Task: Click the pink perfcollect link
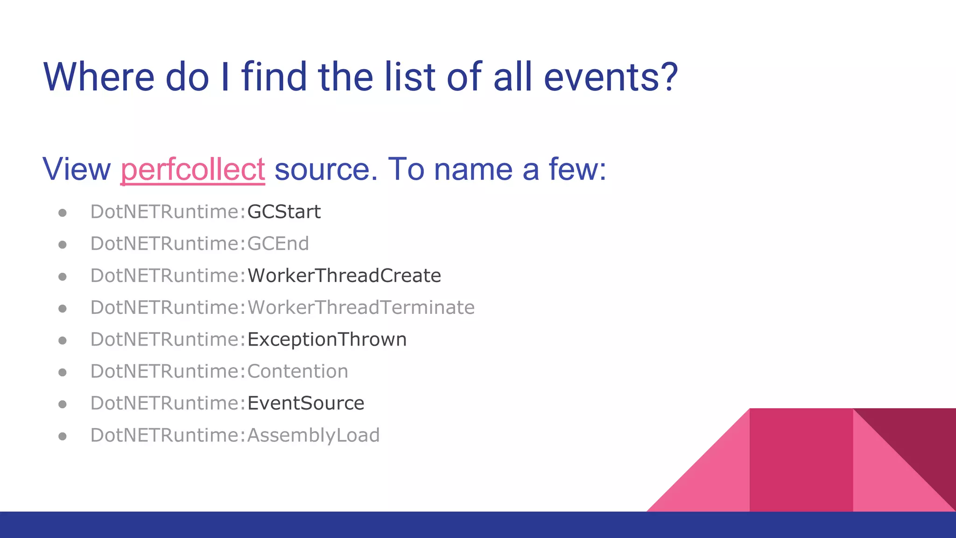[x=193, y=169]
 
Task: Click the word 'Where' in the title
[x=98, y=77]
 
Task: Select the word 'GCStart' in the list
[x=284, y=212]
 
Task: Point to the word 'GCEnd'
[x=278, y=244]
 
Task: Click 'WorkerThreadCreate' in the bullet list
[x=344, y=276]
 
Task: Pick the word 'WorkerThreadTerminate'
[x=361, y=308]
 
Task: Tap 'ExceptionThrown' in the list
[x=327, y=340]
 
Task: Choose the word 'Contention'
[x=297, y=372]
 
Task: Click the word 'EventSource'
[x=306, y=403]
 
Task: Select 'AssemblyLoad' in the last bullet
[x=313, y=435]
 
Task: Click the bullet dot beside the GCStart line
[x=63, y=213]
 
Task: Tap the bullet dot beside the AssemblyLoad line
[x=63, y=436]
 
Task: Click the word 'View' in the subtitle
[x=77, y=169]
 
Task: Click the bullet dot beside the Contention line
[x=63, y=373]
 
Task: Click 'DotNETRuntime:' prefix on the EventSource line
[x=168, y=403]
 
